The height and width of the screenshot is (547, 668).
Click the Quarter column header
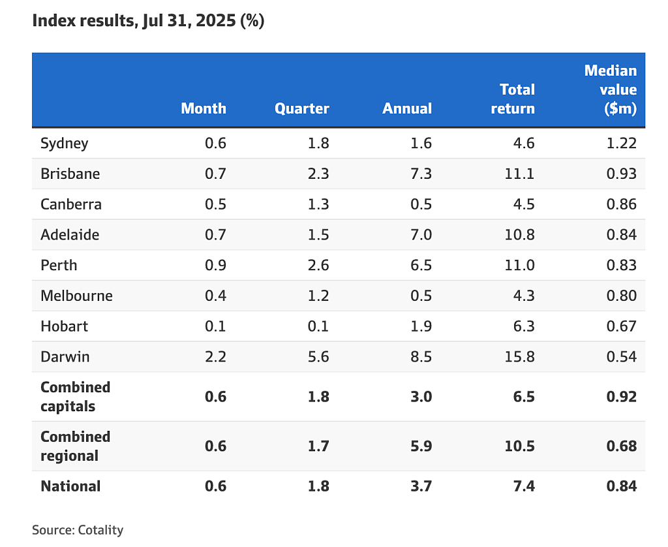click(x=301, y=108)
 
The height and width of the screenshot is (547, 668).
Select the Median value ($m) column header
click(x=611, y=89)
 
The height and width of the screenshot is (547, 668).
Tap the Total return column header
click(x=513, y=99)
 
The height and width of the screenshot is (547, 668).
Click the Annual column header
click(x=407, y=108)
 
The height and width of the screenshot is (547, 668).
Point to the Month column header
click(x=204, y=108)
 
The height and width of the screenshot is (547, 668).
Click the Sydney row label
click(x=65, y=143)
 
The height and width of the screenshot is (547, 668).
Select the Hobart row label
click(x=65, y=326)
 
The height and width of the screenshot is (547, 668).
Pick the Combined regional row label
click(x=76, y=446)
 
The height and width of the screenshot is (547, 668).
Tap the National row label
click(x=70, y=486)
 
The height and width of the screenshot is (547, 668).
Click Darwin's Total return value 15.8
click(x=519, y=356)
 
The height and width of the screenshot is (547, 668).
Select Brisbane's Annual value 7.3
click(x=421, y=174)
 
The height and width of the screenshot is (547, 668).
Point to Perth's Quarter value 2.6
click(x=318, y=265)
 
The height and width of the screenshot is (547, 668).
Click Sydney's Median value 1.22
click(x=622, y=143)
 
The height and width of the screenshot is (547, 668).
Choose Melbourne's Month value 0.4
click(x=215, y=296)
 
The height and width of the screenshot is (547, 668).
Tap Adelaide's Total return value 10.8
click(x=519, y=234)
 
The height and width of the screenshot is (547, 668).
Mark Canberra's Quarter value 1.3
click(x=318, y=204)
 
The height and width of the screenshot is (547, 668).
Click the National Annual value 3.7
click(x=421, y=486)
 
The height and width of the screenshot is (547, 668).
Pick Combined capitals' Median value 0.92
click(x=622, y=396)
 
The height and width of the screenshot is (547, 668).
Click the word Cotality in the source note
click(x=100, y=530)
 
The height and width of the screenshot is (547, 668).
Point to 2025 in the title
click(x=215, y=20)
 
